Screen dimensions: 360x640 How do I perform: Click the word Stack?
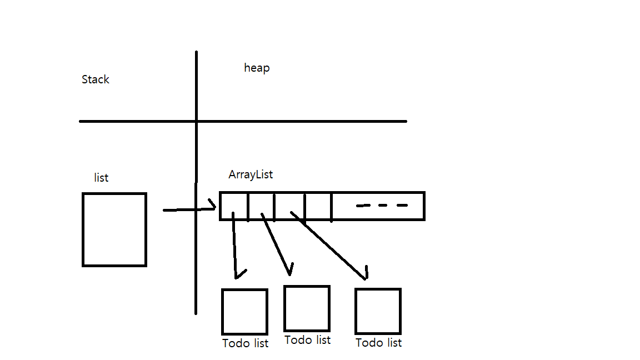click(96, 79)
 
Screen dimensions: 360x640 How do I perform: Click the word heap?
click(257, 68)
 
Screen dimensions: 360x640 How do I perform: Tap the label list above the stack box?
click(101, 178)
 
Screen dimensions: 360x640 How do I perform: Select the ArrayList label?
click(251, 174)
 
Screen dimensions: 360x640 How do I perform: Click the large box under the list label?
click(114, 229)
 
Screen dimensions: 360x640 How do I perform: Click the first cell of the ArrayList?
click(234, 206)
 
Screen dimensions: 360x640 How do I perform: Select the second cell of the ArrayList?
click(261, 206)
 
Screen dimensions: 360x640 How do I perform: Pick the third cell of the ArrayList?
click(289, 206)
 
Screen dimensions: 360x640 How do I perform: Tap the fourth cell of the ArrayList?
click(318, 206)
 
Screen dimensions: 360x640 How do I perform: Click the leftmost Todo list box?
click(244, 312)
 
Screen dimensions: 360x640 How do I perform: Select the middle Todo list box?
click(307, 308)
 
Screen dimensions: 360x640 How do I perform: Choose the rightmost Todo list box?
click(378, 311)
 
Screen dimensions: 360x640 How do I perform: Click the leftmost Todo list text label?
click(245, 343)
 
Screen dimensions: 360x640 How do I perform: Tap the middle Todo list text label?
click(307, 340)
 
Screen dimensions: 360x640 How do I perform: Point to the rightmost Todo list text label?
click(378, 343)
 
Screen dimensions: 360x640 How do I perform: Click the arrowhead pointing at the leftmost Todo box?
click(239, 274)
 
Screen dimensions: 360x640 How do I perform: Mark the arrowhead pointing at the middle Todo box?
click(289, 271)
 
